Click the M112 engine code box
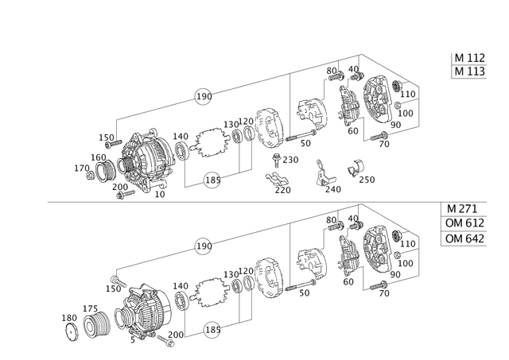(469, 57)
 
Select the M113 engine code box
(469, 72)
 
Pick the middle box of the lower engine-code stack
(464, 224)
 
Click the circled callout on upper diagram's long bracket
(204, 97)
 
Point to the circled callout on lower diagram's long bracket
(204, 247)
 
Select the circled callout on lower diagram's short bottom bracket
(212, 325)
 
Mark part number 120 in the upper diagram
(181, 134)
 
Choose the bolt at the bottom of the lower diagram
(167, 342)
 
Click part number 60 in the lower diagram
(348, 280)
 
